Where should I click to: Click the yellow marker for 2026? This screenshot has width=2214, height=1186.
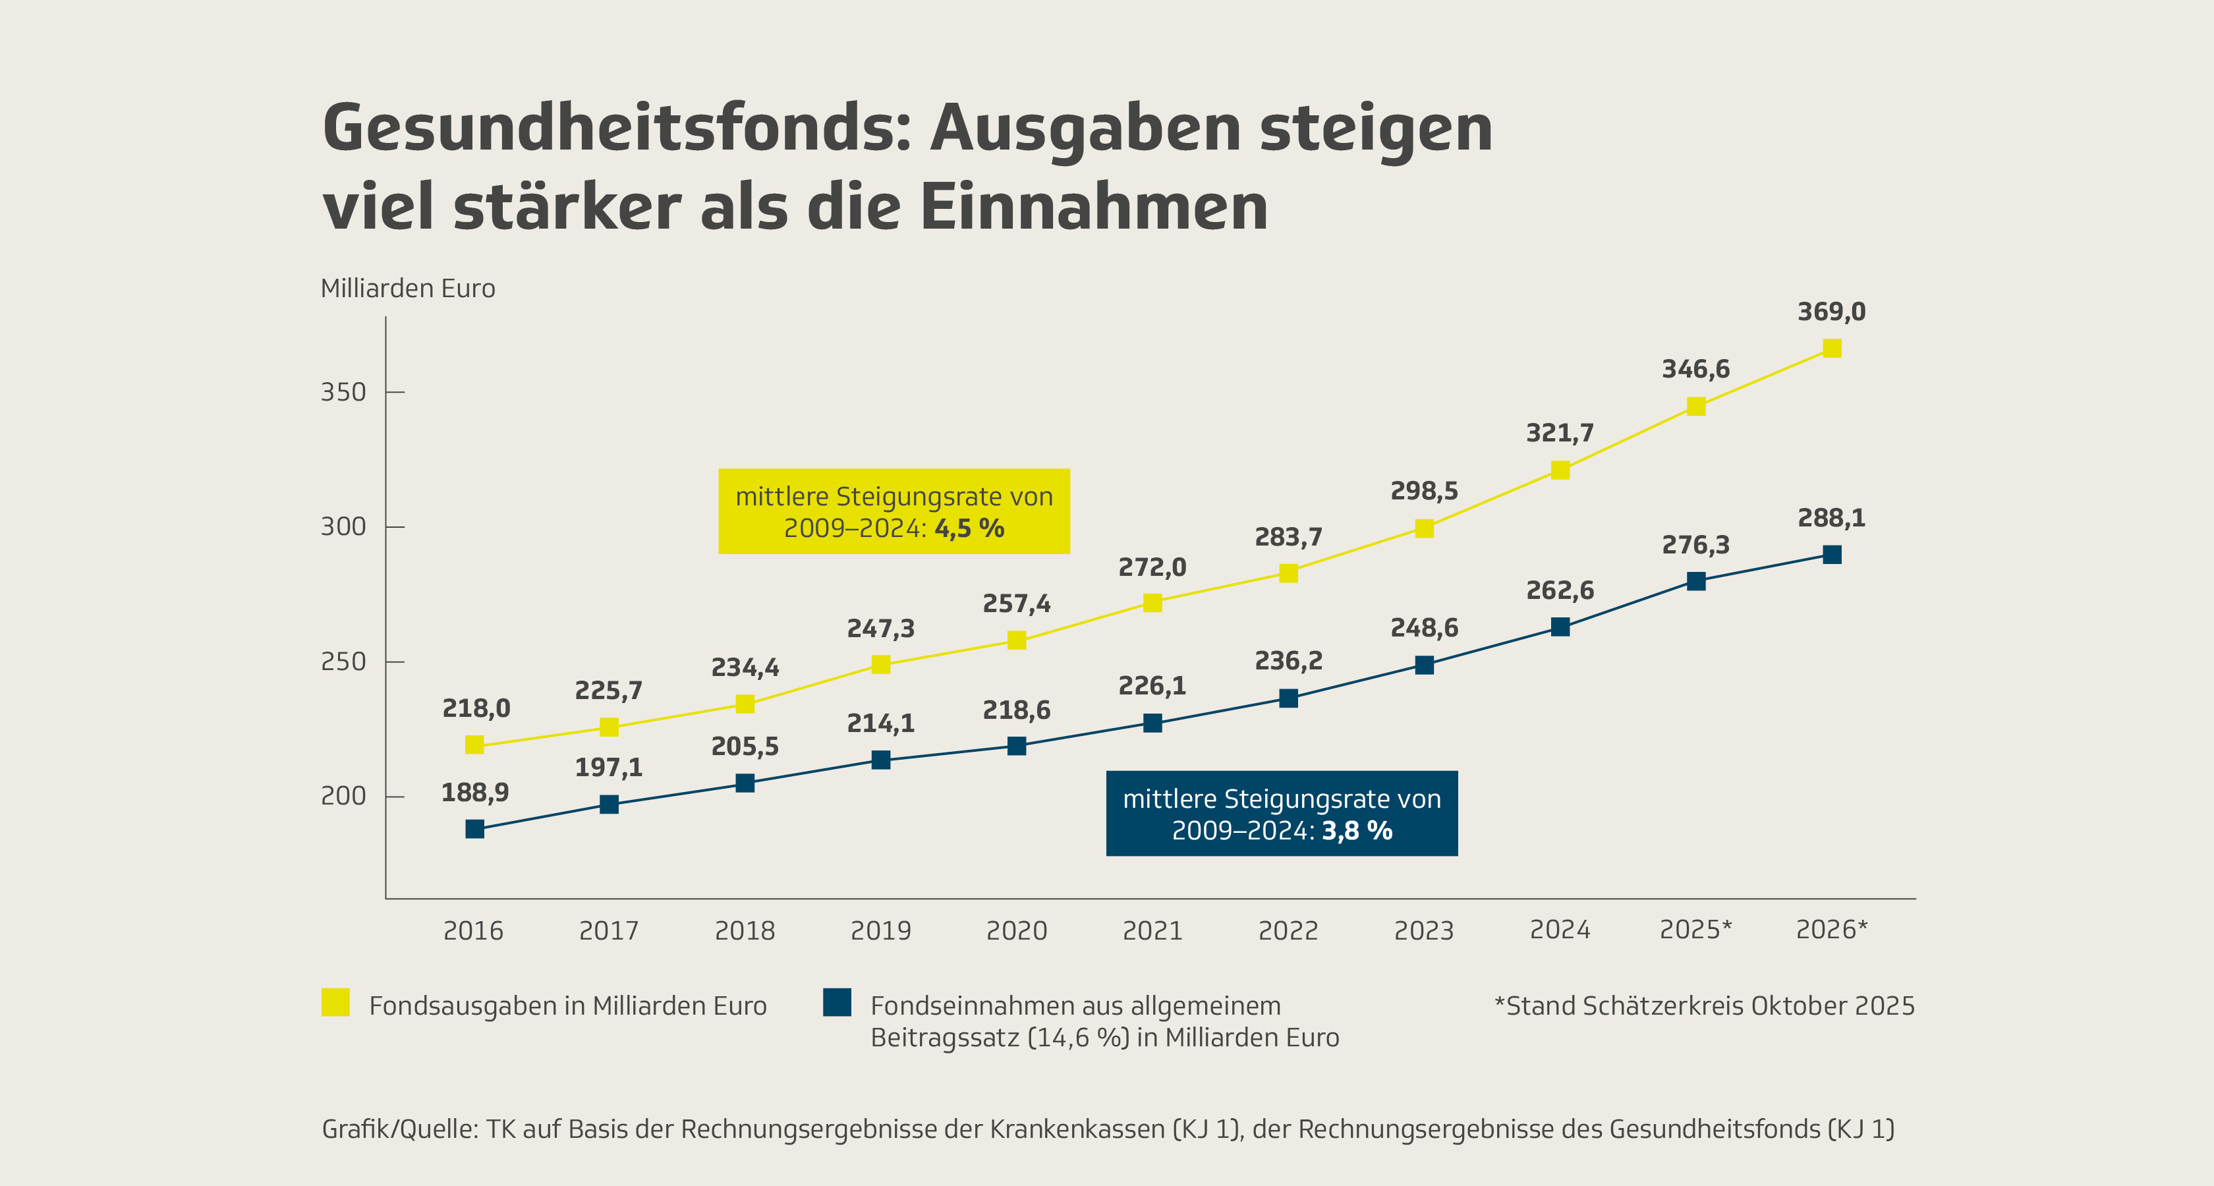(x=1832, y=348)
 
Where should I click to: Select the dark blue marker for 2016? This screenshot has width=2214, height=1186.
(x=474, y=828)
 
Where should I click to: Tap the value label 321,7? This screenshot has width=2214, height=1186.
(x=1559, y=433)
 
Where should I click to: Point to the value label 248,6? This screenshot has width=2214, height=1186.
(x=1424, y=628)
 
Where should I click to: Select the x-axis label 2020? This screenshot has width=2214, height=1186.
(x=1016, y=931)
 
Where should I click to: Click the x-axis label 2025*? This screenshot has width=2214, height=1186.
(x=1695, y=930)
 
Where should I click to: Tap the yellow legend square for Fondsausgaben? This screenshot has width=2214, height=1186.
(x=335, y=1002)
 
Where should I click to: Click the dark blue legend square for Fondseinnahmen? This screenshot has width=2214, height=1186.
(x=836, y=1002)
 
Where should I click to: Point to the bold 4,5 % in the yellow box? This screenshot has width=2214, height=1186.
(x=969, y=528)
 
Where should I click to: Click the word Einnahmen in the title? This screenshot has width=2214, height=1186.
(x=1093, y=208)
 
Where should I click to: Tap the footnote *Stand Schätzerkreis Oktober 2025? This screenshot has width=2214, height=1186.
(x=1705, y=1006)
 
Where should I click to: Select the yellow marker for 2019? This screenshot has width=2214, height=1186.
(x=880, y=664)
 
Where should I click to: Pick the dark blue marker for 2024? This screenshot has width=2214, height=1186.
(x=1560, y=627)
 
